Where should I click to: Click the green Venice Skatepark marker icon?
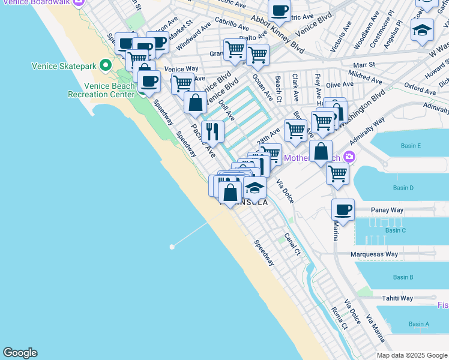(x=106, y=64)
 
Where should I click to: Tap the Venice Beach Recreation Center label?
(x=101, y=90)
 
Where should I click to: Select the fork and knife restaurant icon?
(x=212, y=132)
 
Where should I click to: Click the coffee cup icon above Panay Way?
(x=343, y=210)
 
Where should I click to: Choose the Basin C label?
(x=396, y=230)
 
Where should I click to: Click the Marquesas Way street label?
(x=375, y=254)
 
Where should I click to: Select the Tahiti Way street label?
(x=399, y=298)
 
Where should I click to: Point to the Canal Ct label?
(x=292, y=244)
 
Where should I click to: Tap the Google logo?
(x=20, y=353)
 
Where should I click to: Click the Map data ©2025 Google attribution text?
(x=412, y=355)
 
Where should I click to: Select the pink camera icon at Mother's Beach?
(x=349, y=158)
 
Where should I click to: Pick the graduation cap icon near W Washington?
(x=422, y=30)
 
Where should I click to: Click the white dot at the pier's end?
(x=172, y=247)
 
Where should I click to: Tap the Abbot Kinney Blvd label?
(x=277, y=34)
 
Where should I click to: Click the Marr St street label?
(x=364, y=64)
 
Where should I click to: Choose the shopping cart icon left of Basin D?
(x=337, y=174)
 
